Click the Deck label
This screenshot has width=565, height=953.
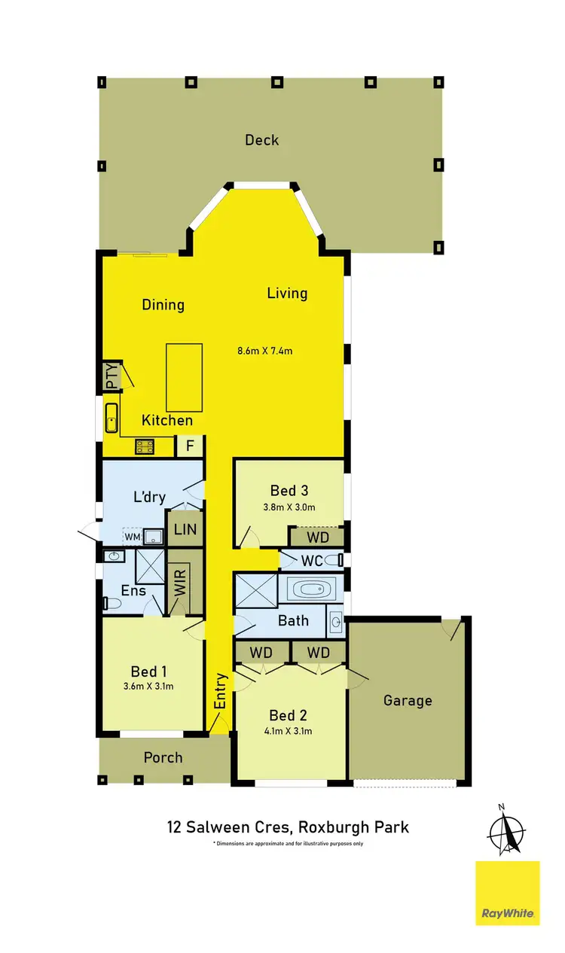point(261,140)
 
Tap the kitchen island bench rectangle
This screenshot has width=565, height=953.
point(184,374)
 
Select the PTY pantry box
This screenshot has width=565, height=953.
point(112,376)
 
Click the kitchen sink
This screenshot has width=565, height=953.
point(111,419)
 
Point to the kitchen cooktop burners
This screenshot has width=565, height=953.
point(145,447)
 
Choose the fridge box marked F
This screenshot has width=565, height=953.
point(190,446)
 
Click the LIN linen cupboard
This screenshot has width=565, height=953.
point(185,529)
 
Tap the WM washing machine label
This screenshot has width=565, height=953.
point(133,537)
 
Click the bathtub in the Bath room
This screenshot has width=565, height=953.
point(310,589)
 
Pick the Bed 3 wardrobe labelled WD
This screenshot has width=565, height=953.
point(316,537)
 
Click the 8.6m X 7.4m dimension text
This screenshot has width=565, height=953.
point(264,350)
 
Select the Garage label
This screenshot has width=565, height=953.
point(408,700)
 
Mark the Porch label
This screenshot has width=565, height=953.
point(163,757)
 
